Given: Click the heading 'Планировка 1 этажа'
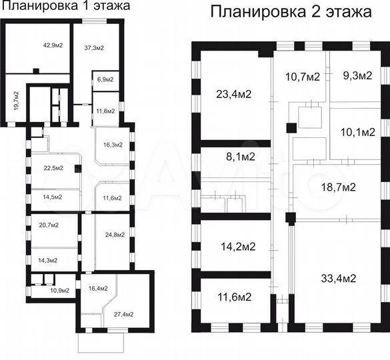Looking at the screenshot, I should (x=65, y=6).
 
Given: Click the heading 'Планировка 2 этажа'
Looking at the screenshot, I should (x=291, y=12).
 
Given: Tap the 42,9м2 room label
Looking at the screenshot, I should (x=53, y=45).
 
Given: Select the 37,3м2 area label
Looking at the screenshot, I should (x=94, y=47).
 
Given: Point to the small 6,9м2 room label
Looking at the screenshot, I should (x=105, y=79).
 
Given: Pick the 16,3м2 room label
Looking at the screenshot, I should (x=112, y=145).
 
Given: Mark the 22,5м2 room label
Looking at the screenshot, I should (x=53, y=168).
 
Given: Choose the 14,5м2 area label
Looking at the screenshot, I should (x=53, y=197).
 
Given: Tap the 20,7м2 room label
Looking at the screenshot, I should (x=49, y=225).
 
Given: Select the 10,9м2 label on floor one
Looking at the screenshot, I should (x=59, y=291).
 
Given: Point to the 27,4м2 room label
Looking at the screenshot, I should (x=123, y=314).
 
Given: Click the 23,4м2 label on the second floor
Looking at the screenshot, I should (x=233, y=93).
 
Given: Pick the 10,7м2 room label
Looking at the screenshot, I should (x=303, y=76).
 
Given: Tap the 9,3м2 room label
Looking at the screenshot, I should (x=357, y=76).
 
